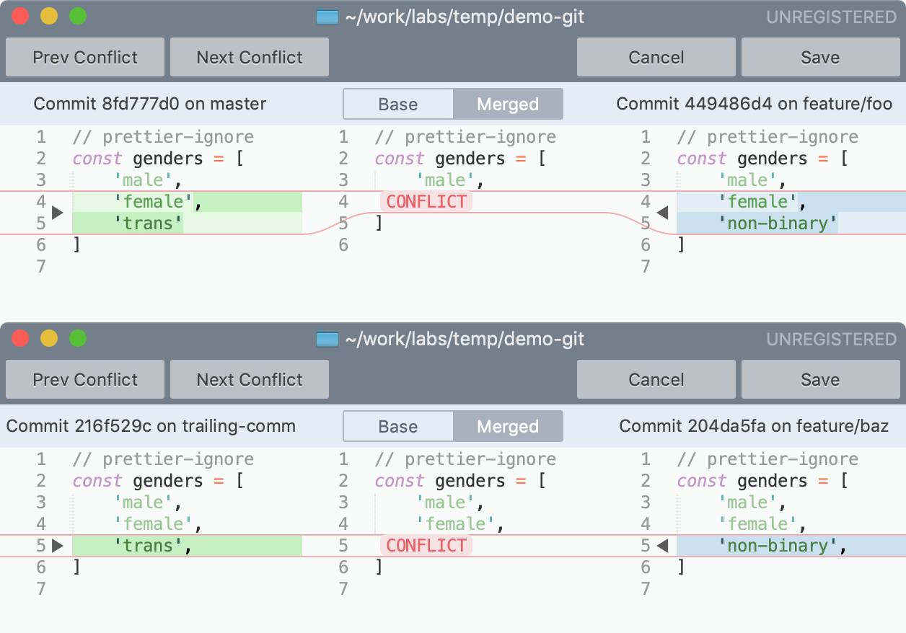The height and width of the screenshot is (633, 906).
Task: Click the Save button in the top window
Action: [x=820, y=58]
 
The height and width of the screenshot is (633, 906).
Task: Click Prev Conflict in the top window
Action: [x=85, y=58]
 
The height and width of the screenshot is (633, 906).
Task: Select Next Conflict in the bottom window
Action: [x=250, y=380]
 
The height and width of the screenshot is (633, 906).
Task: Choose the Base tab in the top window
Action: [x=398, y=105]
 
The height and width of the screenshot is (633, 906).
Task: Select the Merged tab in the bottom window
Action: [x=508, y=427]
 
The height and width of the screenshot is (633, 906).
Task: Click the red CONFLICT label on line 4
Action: [x=426, y=202]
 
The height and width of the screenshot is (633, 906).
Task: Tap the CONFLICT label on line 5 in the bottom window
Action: [x=426, y=546]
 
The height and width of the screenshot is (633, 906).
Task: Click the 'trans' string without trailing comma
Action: [x=148, y=223]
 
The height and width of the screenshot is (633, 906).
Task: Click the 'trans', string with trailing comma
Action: [x=153, y=546]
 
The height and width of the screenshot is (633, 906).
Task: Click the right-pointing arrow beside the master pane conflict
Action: [x=58, y=213]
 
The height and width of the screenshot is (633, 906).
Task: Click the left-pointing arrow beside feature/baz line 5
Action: [x=663, y=546]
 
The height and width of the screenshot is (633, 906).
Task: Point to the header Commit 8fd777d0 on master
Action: [x=150, y=105]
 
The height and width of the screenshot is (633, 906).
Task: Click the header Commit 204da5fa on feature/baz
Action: [x=754, y=427]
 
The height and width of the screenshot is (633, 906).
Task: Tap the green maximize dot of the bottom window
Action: [x=77, y=338]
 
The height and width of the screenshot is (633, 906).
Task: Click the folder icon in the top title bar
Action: [x=327, y=17]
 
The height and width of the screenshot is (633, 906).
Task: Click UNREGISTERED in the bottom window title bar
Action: [x=831, y=339]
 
